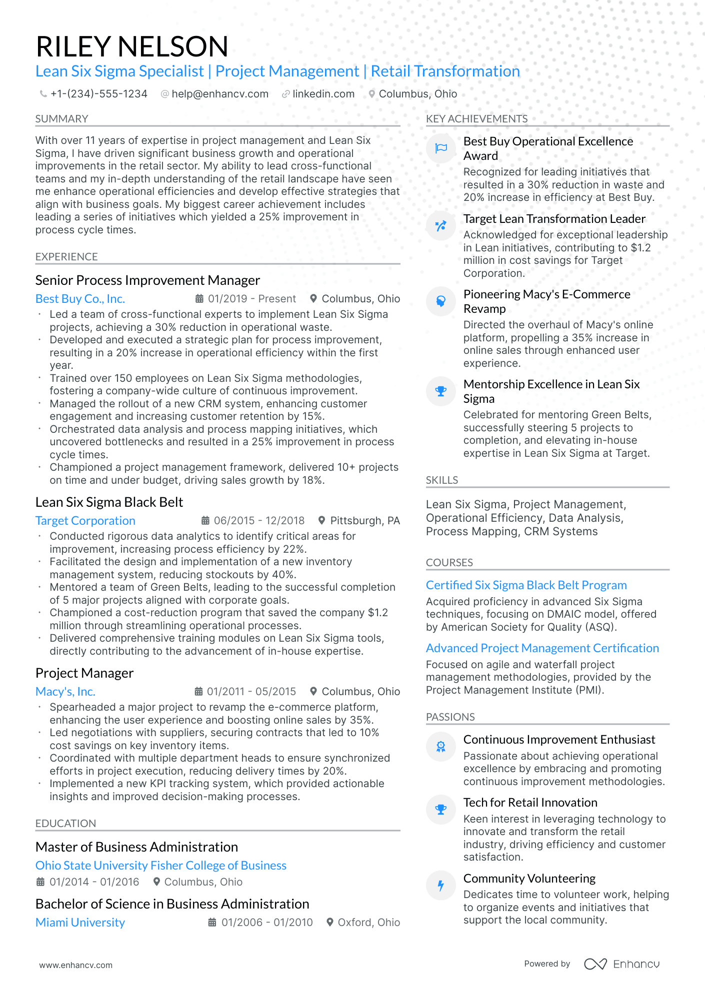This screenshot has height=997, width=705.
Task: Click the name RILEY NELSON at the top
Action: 132,46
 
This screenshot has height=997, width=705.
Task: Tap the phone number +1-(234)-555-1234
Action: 98,94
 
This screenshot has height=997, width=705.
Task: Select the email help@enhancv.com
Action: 219,94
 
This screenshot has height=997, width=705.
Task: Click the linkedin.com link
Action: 323,94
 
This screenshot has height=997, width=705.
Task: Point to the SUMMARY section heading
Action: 61,119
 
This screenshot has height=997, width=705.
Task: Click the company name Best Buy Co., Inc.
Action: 80,299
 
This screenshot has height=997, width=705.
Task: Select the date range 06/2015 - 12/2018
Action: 258,521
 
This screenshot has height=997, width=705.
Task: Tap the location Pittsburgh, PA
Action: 364,521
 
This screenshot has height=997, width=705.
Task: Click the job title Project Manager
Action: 84,673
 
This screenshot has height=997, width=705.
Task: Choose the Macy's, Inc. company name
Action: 65,692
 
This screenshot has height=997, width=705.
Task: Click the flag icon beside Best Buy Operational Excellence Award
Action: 441,148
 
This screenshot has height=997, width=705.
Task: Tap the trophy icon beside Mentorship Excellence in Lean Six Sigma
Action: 441,391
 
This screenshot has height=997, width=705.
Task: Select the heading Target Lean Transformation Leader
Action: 554,219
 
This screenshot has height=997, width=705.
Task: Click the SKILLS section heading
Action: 442,480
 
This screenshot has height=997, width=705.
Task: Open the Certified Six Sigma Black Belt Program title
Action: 526,585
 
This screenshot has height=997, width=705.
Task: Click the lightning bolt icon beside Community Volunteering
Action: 441,886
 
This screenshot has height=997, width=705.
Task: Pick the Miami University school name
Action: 80,923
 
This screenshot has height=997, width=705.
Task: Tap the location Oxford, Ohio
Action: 368,923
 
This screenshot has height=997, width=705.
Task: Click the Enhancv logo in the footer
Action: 622,964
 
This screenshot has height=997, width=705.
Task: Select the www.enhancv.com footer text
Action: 76,965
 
